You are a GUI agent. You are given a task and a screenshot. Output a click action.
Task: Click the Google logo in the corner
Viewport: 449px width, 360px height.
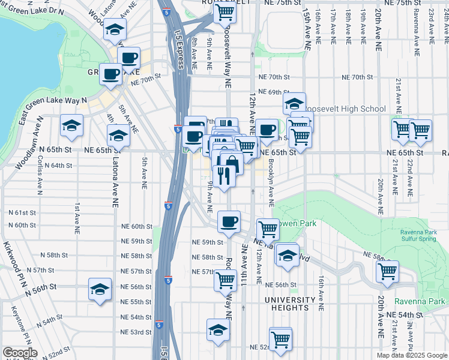click(x=19, y=353)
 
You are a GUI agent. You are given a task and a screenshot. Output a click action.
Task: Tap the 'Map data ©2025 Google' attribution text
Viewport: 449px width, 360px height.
click(x=412, y=355)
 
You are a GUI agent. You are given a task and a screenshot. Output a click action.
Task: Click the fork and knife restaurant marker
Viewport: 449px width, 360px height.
click(x=223, y=175)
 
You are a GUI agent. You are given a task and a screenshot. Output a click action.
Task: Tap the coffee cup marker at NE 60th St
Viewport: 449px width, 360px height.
click(x=228, y=221)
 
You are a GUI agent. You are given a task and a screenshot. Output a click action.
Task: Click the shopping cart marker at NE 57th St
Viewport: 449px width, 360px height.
click(x=225, y=279)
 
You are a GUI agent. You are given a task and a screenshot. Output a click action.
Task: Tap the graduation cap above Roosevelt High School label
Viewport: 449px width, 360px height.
click(x=294, y=102)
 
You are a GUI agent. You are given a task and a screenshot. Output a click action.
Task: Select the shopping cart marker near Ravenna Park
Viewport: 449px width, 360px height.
click(x=387, y=271)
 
